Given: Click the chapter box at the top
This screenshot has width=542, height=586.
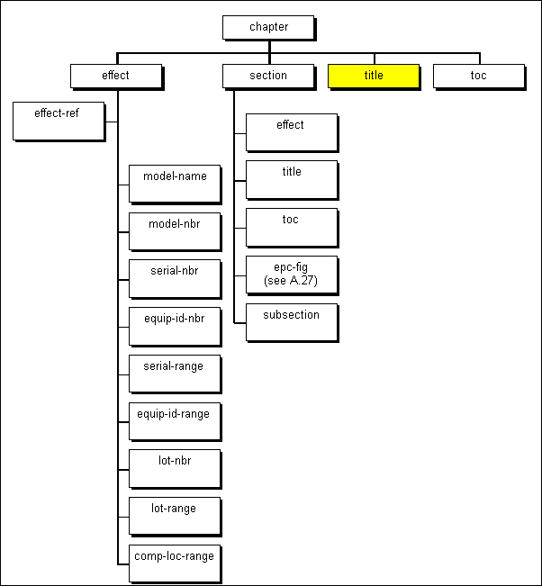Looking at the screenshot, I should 268,27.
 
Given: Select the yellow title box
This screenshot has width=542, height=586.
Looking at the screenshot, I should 374,76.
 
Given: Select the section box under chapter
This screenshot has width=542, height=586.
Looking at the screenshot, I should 268,76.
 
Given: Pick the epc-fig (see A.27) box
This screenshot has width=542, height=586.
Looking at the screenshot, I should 292,274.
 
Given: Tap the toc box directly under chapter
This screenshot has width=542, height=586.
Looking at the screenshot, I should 478,76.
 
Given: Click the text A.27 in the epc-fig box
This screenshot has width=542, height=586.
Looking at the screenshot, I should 303,280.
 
